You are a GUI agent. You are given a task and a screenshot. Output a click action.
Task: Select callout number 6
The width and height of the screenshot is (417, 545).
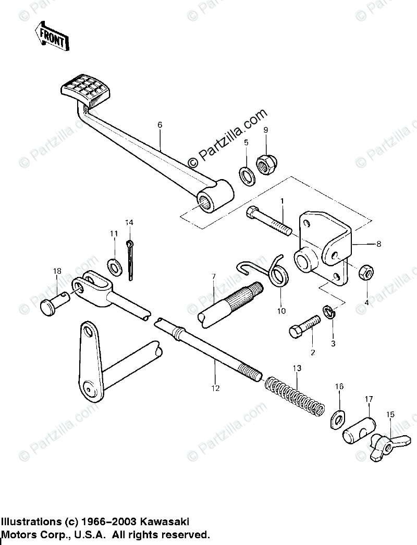coord(160,125)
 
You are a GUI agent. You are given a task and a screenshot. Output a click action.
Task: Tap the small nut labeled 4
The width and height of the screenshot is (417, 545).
coord(365,272)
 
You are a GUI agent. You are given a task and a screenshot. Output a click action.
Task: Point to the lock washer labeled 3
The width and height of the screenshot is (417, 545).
coord(328,312)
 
